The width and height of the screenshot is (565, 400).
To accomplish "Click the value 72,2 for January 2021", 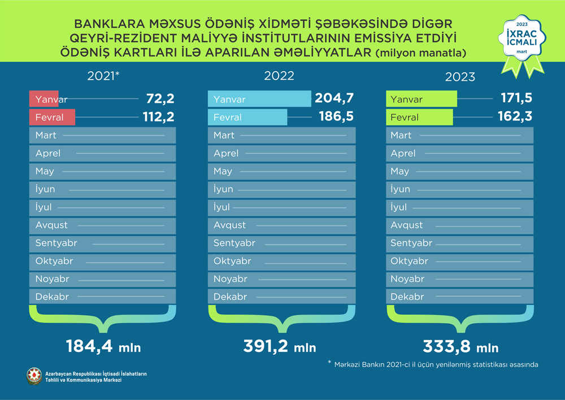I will pos(160,99).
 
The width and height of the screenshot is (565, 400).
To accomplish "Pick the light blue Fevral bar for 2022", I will pos(248,118).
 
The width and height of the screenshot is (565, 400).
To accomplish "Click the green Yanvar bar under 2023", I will pos(421,99).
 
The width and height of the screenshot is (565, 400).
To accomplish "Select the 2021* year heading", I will pos(104,76).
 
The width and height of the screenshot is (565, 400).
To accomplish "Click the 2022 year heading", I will pos(279,76).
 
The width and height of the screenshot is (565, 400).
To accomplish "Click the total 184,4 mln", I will pos(103,346).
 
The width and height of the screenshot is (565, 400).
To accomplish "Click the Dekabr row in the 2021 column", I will pos(102,297).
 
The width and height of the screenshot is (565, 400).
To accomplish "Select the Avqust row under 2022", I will pos(282,225).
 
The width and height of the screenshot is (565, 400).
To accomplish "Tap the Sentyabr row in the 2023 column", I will pos(460,244).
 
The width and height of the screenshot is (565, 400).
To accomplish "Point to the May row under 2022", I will pos(282,171).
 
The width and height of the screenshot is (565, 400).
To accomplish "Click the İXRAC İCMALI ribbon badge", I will pos(521,42).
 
